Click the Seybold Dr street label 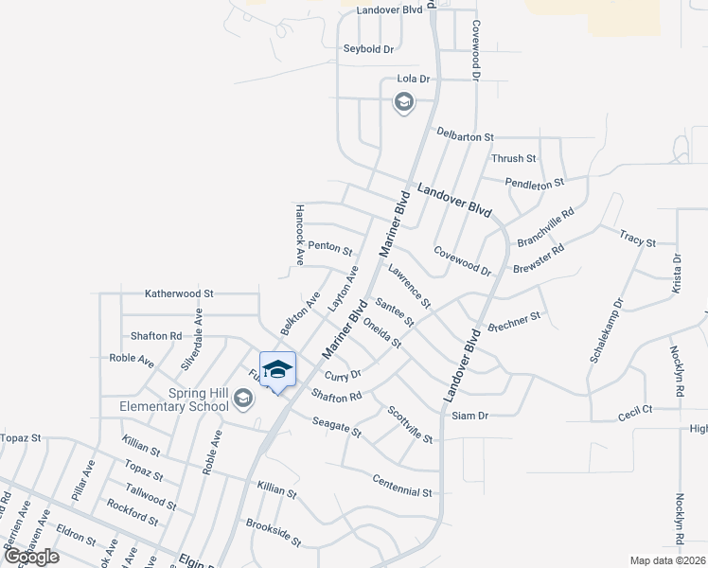368,48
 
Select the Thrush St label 514,158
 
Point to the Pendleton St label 534,182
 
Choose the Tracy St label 637,238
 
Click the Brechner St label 515,321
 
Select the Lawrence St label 409,286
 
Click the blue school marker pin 277,370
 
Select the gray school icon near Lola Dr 404,102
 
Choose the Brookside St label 273,533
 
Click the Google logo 31,557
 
